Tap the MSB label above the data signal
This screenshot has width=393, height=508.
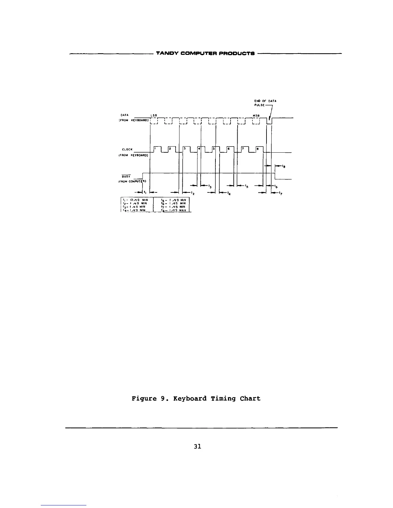point(256,115)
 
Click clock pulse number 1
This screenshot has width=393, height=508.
point(155,148)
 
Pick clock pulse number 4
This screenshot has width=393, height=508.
point(199,148)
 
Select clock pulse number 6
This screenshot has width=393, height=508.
point(228,148)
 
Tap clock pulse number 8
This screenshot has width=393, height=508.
point(258,148)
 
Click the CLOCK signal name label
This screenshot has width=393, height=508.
point(127,149)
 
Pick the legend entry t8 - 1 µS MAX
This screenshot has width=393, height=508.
point(175,210)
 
